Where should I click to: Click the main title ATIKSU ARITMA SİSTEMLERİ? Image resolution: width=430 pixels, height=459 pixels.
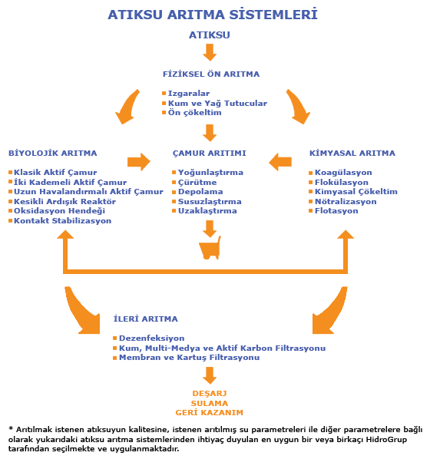pos(213,15)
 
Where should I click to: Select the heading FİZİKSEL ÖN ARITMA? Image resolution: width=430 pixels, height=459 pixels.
pos(211,74)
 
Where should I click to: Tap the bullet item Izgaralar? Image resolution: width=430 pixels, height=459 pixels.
pos(189,94)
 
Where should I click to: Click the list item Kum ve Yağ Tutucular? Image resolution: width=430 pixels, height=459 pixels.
pos(217,103)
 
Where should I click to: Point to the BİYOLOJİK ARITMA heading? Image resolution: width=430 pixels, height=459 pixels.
pos(53,153)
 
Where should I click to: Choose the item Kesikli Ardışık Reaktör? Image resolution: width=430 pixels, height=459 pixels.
pos(64,201)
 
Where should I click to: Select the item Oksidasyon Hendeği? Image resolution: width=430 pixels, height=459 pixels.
pos(59,211)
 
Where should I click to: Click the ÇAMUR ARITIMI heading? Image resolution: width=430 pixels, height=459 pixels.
pos(210,153)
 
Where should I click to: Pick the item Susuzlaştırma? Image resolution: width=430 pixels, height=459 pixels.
pos(210,201)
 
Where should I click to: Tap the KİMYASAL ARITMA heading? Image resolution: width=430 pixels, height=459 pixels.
pos(352,153)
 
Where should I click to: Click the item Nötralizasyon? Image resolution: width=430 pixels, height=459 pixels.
pos(346,201)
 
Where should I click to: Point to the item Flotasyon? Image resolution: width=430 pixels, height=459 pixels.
pos(336,211)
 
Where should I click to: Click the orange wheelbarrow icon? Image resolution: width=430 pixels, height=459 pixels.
pos(210,248)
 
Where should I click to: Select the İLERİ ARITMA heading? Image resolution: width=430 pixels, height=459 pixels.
pos(146,319)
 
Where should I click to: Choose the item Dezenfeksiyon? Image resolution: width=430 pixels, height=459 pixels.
pos(152,338)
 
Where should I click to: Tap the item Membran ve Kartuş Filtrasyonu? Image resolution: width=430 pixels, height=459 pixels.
pos(189,358)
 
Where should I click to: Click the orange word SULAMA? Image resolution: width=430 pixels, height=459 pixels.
pos(210,403)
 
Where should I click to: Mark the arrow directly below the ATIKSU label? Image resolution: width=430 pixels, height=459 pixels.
pos(210,52)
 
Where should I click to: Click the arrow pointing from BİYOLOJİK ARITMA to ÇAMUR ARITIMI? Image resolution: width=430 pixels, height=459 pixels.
pos(139,162)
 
